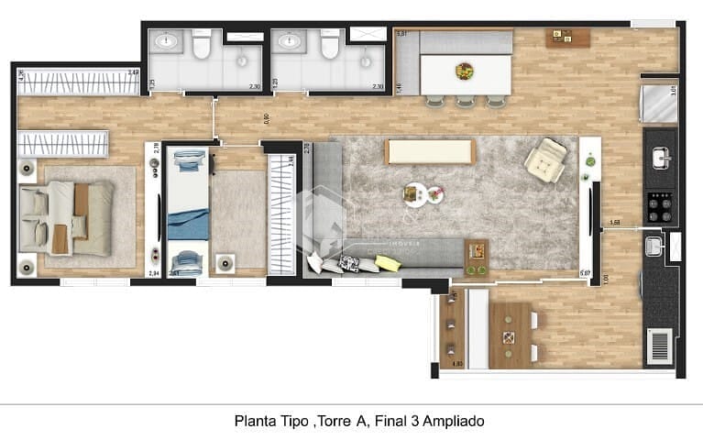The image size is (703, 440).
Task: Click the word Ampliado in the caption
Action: (x=450, y=422)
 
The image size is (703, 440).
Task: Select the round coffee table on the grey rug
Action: (x=417, y=194)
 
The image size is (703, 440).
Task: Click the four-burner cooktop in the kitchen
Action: (x=660, y=206)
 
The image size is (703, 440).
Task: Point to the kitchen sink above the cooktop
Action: (x=660, y=159)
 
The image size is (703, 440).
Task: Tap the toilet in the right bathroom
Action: (x=330, y=43)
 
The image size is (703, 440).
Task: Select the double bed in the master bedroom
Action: (x=69, y=217)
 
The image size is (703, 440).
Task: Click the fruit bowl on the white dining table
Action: (x=465, y=71)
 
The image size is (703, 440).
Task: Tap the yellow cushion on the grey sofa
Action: (x=388, y=263)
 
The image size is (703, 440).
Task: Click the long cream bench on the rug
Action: (x=430, y=151)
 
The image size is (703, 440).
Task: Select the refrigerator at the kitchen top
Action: (x=660, y=103)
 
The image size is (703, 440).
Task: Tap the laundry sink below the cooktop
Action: (x=654, y=246)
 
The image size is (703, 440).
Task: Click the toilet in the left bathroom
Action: (x=202, y=43)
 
